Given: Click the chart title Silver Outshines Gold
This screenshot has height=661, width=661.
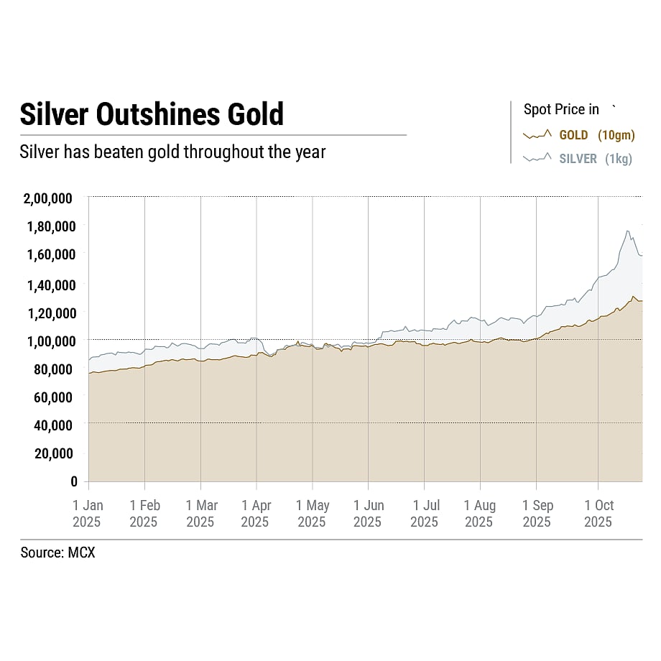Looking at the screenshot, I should (152, 115).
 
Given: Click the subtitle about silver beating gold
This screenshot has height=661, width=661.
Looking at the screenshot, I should (172, 152).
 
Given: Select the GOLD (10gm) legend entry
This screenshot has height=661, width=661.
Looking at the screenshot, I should (596, 135).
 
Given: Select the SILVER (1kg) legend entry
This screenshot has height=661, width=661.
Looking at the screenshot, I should (596, 159).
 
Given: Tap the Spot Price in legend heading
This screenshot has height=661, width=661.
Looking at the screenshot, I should (561, 109).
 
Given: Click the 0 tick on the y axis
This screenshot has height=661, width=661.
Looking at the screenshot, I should (73, 481).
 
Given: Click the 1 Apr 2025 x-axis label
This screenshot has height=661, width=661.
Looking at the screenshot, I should (256, 514).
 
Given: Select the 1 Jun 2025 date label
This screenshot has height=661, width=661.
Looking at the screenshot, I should (368, 514).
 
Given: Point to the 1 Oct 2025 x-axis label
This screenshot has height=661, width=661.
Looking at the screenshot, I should (598, 514).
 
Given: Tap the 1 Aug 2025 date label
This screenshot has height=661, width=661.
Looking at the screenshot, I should (479, 514).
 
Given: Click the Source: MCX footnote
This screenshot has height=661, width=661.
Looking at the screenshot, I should (57, 553).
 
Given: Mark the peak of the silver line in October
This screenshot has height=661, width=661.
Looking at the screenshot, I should (628, 231).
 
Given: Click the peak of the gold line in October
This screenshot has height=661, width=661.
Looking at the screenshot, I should (633, 296).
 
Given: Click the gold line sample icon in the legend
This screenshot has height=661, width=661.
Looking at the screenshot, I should (537, 134).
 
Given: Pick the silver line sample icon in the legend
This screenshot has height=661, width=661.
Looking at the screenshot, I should (537, 158).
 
